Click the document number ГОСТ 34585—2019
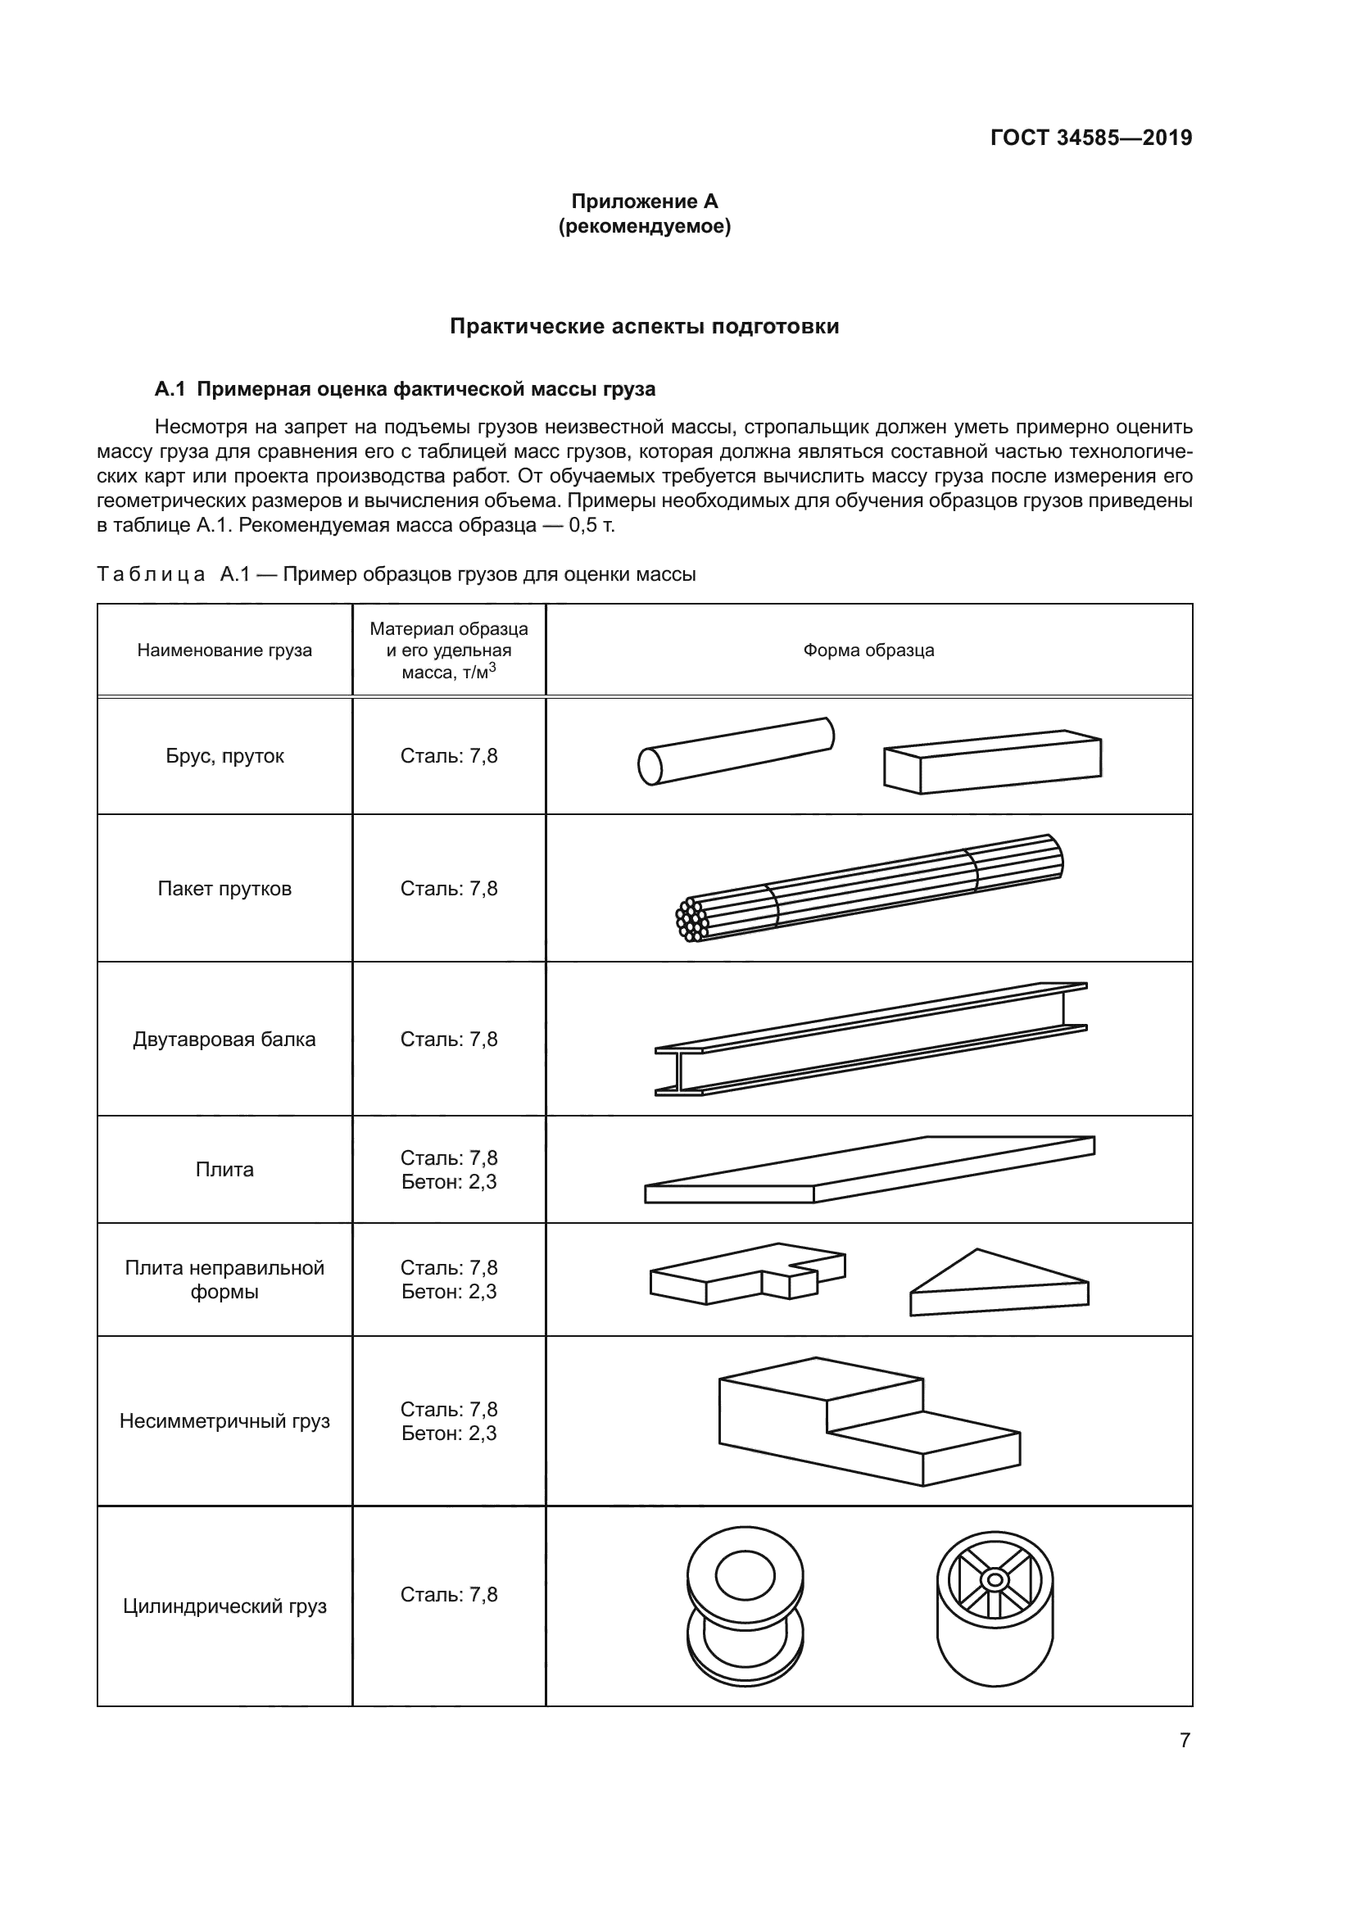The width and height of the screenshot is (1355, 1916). coord(1090,138)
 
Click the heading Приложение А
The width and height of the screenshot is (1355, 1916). coord(644,202)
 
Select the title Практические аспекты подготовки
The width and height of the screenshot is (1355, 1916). coord(644,326)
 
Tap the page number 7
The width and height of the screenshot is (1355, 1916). coord(1185,1740)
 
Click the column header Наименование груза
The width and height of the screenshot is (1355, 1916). coord(224,650)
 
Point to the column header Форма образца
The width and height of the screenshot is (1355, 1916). coord(868,650)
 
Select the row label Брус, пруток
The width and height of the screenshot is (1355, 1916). coord(224,756)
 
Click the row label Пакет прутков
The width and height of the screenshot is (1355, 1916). coord(224,889)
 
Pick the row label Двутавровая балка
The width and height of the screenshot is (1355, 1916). coord(224,1039)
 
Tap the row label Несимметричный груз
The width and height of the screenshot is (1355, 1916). coord(224,1420)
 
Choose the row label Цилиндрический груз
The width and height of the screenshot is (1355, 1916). coord(224,1606)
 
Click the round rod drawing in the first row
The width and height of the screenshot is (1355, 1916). coord(736,751)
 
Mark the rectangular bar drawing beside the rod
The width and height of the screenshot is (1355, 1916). coord(992,762)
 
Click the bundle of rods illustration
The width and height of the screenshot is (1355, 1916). coord(868,889)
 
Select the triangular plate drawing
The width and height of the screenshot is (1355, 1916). coord(999,1284)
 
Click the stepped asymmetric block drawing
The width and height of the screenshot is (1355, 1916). coord(868,1421)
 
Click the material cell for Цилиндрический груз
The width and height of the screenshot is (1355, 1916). coord(449,1595)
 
